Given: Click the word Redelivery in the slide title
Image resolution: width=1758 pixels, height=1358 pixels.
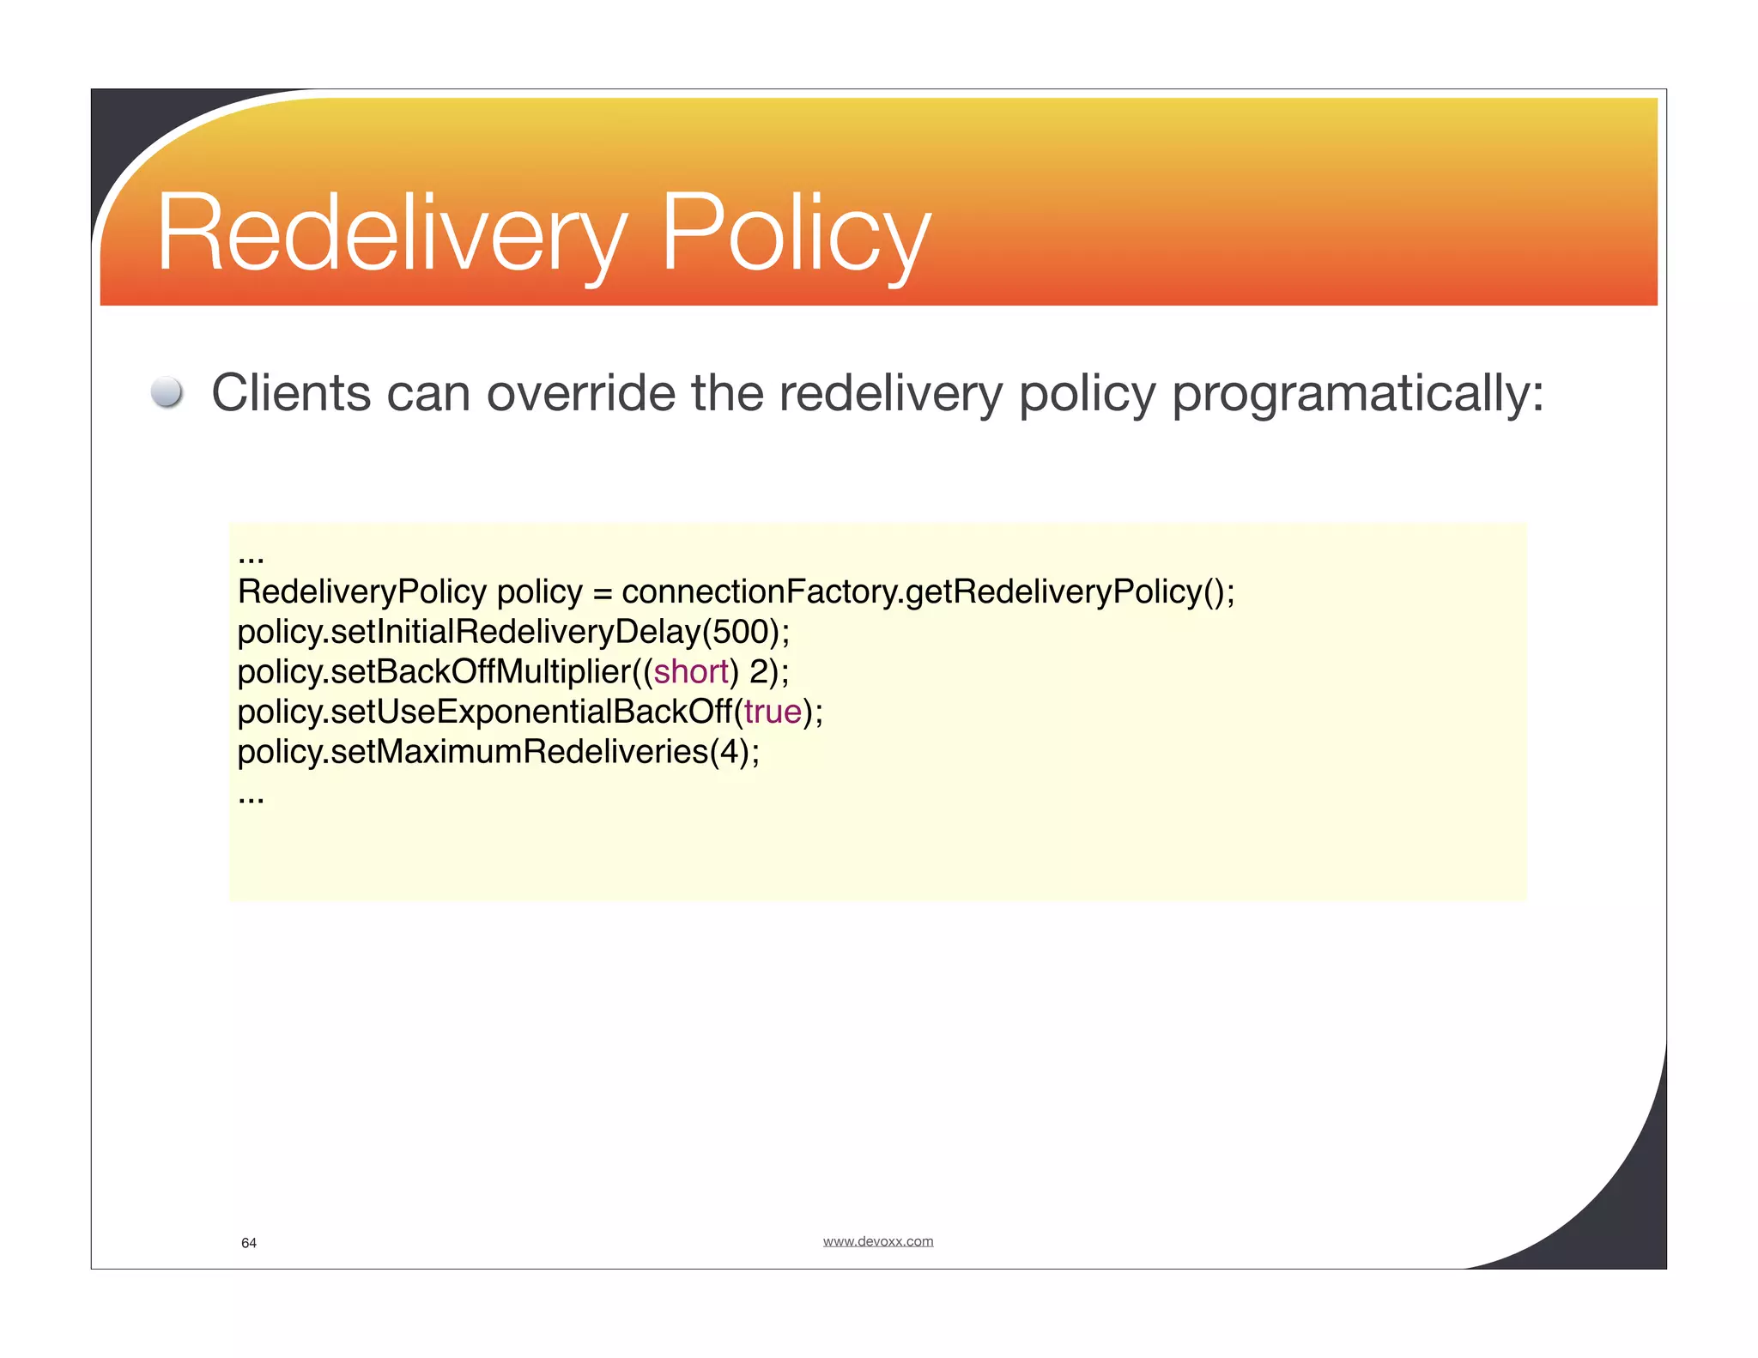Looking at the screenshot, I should click(x=391, y=233).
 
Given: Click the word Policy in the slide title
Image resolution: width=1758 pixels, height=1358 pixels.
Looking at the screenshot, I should click(x=795, y=233).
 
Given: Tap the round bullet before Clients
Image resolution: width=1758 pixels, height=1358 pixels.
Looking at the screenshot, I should click(x=167, y=393).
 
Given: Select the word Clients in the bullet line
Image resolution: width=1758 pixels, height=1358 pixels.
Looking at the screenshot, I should click(x=290, y=393).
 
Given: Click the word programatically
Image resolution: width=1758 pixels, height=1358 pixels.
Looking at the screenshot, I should click(x=1357, y=395).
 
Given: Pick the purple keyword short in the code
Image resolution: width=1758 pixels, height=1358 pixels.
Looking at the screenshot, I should click(x=691, y=671).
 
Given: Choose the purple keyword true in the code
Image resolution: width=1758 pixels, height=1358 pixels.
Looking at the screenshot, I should click(x=773, y=712).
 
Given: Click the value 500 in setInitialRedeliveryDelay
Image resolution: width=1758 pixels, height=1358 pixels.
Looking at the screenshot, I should click(x=740, y=632).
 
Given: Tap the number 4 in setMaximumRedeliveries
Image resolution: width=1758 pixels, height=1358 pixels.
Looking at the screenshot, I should click(x=729, y=752).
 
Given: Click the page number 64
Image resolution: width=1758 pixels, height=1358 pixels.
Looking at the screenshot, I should click(x=249, y=1243).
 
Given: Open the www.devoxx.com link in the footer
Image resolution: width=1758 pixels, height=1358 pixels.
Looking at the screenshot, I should click(x=877, y=1241).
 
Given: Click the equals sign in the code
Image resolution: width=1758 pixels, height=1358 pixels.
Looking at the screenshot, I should click(x=602, y=593).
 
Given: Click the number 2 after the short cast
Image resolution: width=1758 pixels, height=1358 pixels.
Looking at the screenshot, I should click(x=758, y=671).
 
